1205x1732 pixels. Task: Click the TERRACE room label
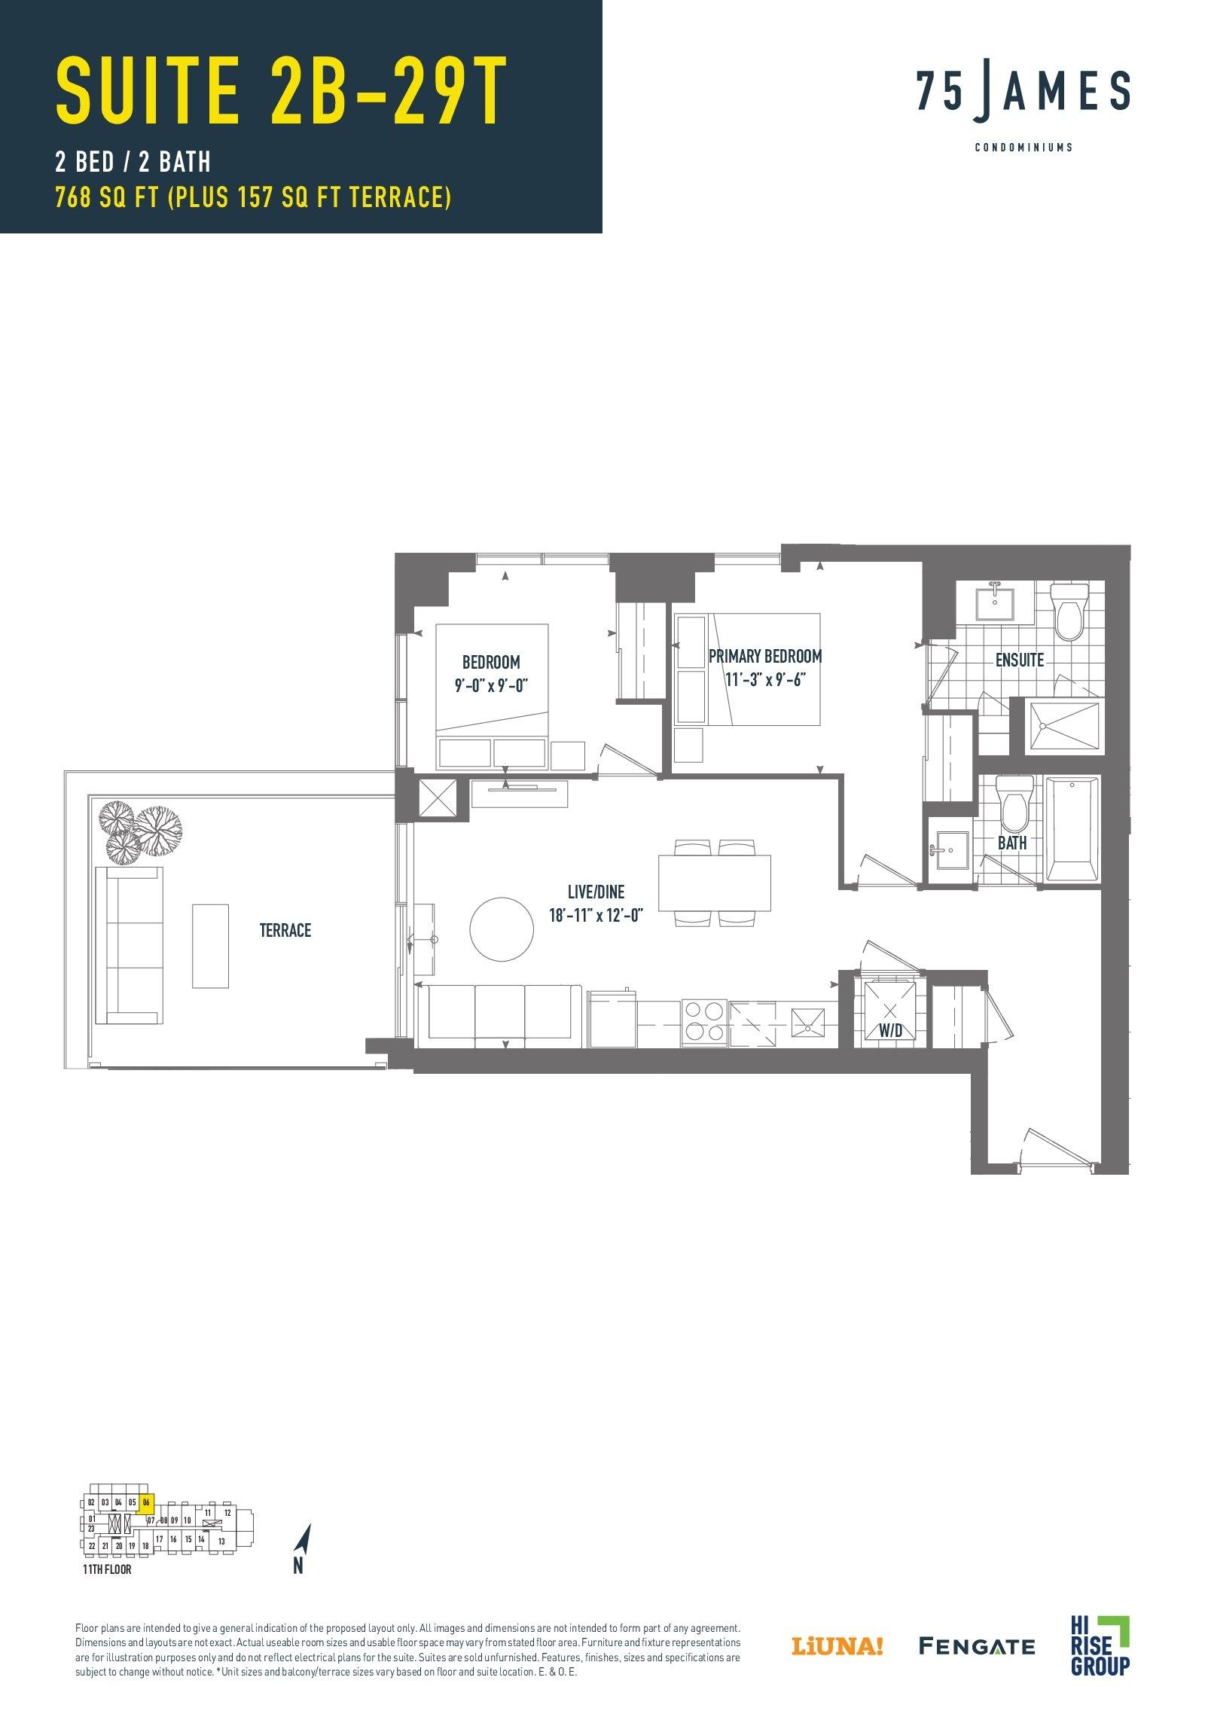[285, 930]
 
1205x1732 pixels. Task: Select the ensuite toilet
[1069, 610]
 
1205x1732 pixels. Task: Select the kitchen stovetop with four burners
[705, 1022]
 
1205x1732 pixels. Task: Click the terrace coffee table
[211, 946]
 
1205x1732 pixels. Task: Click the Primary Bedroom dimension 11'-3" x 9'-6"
[764, 680]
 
